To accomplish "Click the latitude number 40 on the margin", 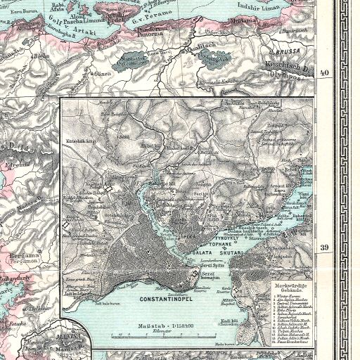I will pyautogui.click(x=325, y=72).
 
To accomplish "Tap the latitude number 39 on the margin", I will pyautogui.click(x=325, y=247).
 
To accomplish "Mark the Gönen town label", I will pyautogui.click(x=103, y=73).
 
